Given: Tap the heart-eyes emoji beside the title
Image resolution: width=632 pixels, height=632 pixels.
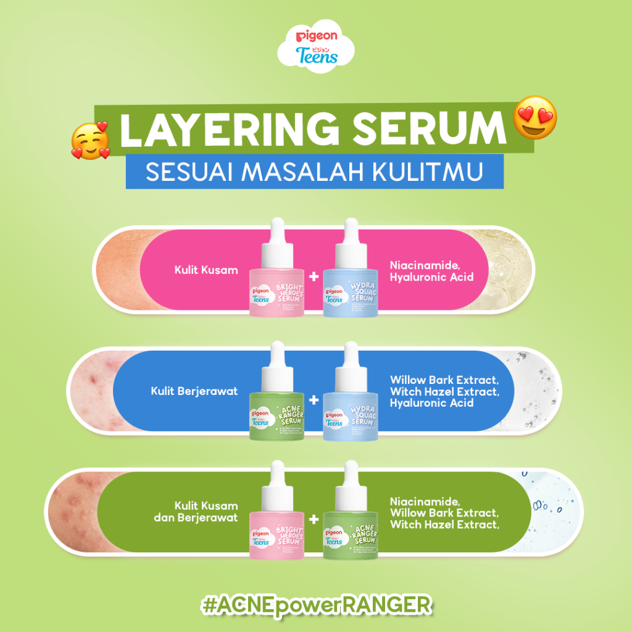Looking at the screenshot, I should point(536,117).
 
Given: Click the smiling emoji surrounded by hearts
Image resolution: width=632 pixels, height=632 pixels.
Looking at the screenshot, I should point(89,139).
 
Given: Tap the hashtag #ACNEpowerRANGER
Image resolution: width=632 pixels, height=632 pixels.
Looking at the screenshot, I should point(316,604).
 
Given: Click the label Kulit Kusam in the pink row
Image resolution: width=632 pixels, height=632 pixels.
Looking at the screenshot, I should point(206,270).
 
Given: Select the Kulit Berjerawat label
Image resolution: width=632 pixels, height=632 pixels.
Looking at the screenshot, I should point(194,391).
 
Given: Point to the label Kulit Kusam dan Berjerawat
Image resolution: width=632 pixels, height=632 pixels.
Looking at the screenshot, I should point(196,512).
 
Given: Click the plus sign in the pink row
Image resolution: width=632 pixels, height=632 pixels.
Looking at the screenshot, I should point(314,276).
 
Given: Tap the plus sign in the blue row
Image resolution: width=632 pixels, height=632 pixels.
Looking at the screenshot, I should point(314,400).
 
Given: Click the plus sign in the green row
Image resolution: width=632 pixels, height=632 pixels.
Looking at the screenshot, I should point(314,520).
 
